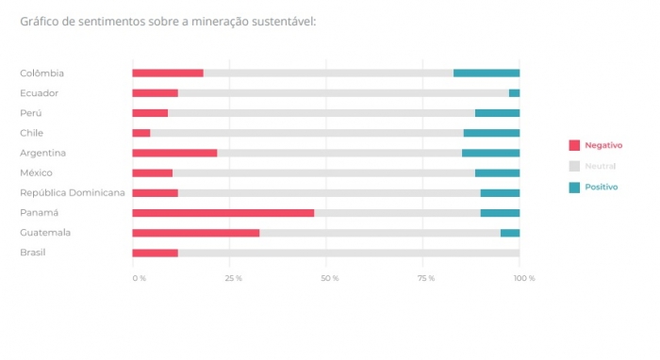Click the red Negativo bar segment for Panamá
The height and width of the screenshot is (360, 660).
[223, 213]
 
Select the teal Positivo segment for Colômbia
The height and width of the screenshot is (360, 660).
[487, 74]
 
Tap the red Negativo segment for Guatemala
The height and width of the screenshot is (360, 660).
[195, 233]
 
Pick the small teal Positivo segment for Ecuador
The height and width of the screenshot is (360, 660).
[514, 93]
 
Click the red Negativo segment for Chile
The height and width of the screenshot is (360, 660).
[141, 133]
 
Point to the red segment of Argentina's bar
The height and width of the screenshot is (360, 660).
[174, 153]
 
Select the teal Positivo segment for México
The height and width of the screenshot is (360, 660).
[497, 173]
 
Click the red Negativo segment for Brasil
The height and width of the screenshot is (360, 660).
[155, 253]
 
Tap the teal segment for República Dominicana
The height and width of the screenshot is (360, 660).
[500, 193]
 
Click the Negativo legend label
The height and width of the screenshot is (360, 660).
[603, 145]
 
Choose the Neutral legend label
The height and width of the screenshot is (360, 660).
[600, 166]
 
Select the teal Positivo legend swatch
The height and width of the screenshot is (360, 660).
[574, 187]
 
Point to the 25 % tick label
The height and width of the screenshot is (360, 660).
[233, 278]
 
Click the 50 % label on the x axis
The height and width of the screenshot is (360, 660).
[329, 278]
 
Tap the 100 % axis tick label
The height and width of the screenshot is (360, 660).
[524, 278]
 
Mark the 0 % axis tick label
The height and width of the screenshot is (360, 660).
[139, 278]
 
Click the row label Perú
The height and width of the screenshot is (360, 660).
[31, 113]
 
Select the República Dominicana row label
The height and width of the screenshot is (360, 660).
[72, 193]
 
